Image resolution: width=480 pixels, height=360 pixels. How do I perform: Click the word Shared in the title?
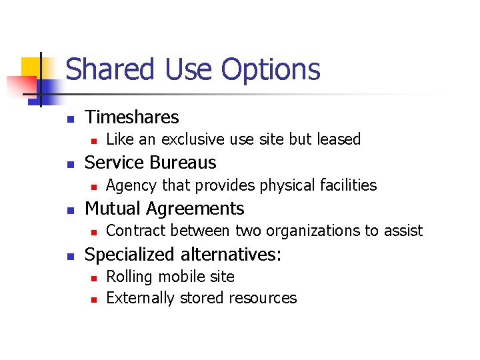[105, 70]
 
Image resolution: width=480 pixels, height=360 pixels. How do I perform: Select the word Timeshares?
[132, 117]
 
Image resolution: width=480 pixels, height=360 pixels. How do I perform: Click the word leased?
[338, 139]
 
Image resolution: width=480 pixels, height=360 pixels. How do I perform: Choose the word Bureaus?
[183, 163]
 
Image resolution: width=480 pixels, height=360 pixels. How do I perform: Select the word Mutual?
[114, 209]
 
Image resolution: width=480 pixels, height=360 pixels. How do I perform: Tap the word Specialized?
[131, 255]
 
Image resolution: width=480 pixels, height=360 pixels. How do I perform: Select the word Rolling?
[128, 277]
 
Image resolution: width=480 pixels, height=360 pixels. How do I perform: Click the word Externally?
[138, 298]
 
